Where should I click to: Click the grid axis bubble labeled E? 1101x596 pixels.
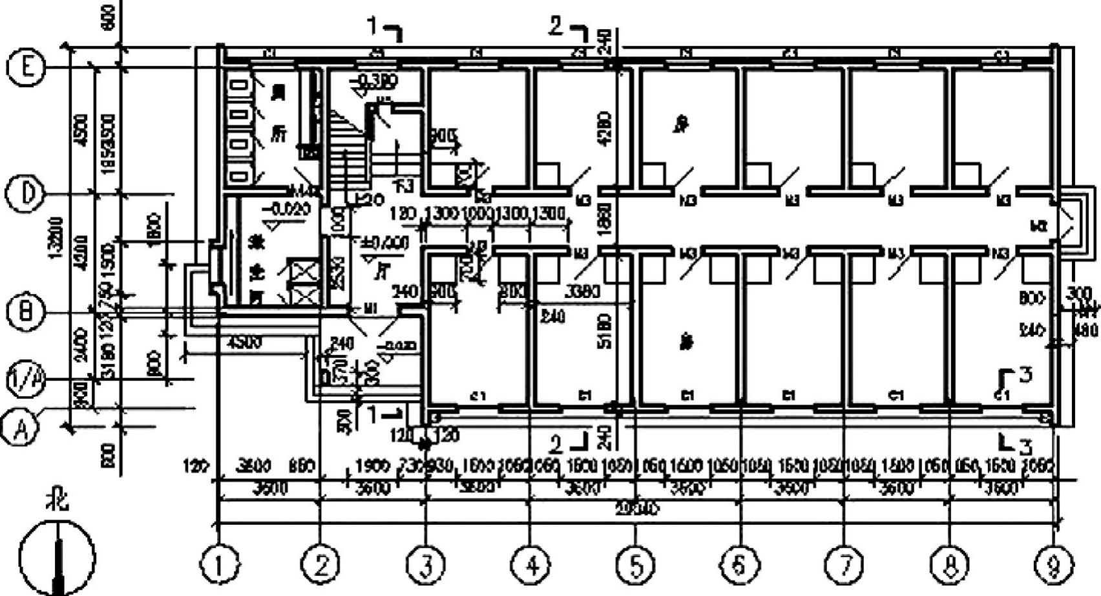[x=26, y=68]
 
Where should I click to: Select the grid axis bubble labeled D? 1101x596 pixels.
[x=25, y=193]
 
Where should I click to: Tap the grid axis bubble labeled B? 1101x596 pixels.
[x=25, y=313]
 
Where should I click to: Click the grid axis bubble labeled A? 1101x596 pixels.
[x=19, y=427]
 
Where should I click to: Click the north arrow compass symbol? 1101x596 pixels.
[x=57, y=556]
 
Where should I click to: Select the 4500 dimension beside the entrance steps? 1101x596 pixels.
[x=246, y=343]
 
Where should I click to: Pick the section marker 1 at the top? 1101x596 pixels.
[x=372, y=27]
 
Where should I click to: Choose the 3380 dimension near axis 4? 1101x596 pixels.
[x=583, y=292]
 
